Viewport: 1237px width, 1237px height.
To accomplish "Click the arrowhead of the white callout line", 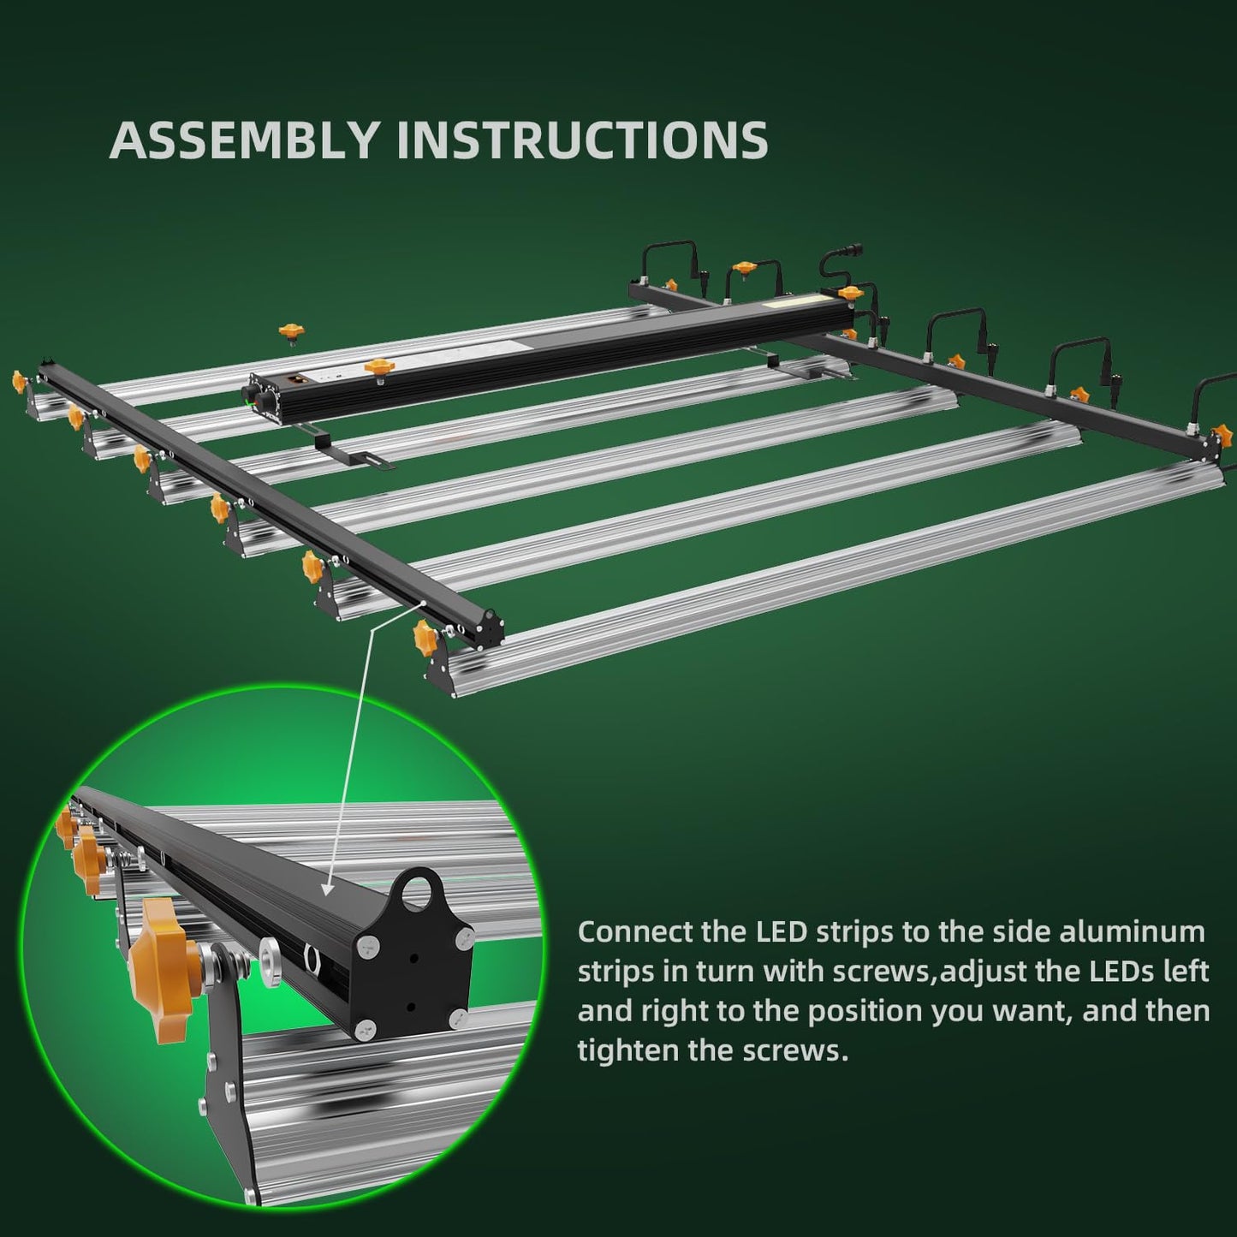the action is [328, 889].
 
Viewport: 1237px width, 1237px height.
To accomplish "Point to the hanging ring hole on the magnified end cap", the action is [417, 889].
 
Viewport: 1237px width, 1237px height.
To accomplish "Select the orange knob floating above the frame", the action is [291, 331].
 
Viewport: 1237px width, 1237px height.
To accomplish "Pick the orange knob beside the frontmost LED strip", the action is [425, 635].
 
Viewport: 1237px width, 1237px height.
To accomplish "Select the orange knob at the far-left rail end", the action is [19, 381].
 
